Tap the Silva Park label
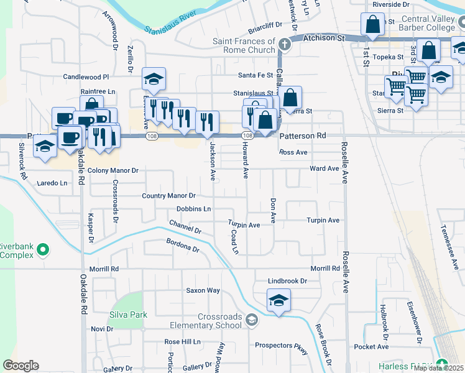pyautogui.click(x=129, y=315)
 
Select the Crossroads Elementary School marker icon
pyautogui.click(x=252, y=320)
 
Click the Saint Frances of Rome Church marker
pyautogui.click(x=284, y=45)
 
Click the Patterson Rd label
pyautogui.click(x=303, y=136)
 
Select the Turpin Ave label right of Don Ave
pyautogui.click(x=323, y=221)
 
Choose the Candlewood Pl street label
pyautogui.click(x=86, y=77)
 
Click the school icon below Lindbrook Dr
pyautogui.click(x=279, y=300)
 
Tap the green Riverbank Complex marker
pyautogui.click(x=43, y=250)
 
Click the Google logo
pyautogui.click(x=21, y=366)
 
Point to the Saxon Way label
pyautogui.click(x=203, y=290)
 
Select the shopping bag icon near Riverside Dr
pyautogui.click(x=372, y=25)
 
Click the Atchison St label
pyautogui.click(x=323, y=38)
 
